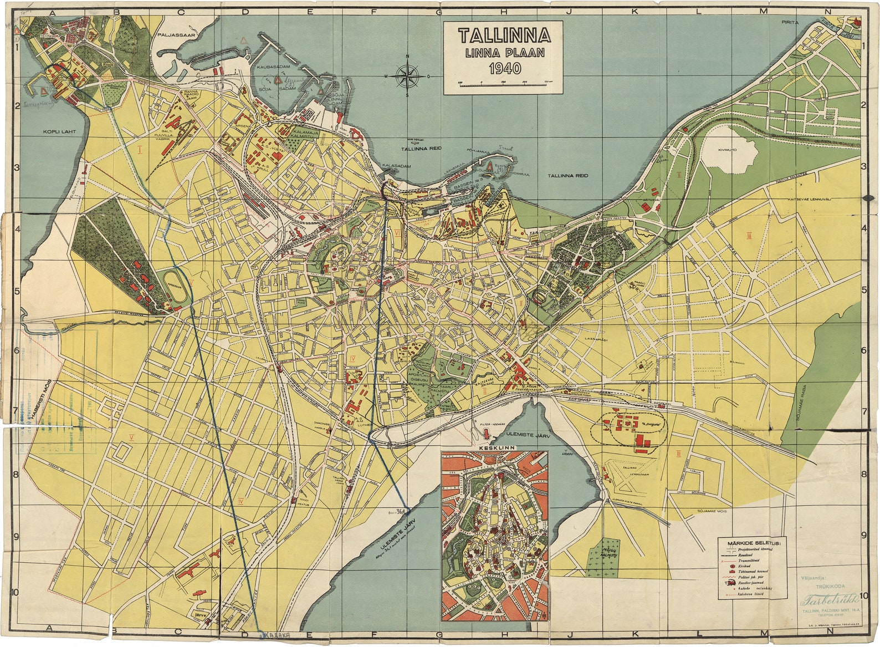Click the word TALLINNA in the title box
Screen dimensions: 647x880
click(x=504, y=36)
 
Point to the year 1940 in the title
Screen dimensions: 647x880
click(x=504, y=69)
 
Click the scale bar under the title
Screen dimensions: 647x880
click(x=504, y=83)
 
